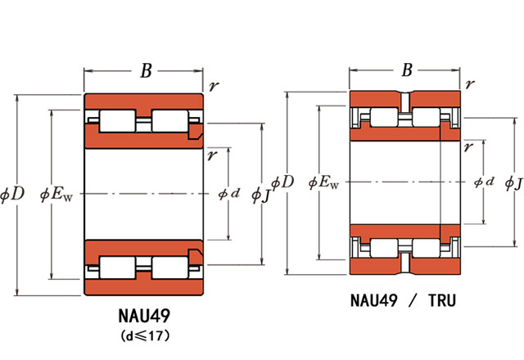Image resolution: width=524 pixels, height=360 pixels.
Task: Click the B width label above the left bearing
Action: [x=146, y=71]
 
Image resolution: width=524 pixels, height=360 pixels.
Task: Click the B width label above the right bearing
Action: [x=407, y=70]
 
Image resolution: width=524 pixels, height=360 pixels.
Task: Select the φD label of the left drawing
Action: [x=12, y=195]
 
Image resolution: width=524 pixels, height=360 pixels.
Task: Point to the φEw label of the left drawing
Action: [x=56, y=195]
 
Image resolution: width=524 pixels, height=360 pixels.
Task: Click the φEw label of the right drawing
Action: [x=323, y=182]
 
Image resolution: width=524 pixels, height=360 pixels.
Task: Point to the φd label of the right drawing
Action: [x=484, y=182]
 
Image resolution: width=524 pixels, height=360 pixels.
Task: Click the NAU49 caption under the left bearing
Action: [x=143, y=315]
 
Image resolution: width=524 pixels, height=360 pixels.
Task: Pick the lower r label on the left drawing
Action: [x=213, y=154]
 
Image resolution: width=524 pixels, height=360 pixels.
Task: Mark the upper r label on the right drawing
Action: [x=471, y=84]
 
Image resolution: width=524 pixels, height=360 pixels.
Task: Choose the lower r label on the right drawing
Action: [x=470, y=147]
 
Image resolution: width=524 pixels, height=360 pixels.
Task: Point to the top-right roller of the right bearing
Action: [x=426, y=117]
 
